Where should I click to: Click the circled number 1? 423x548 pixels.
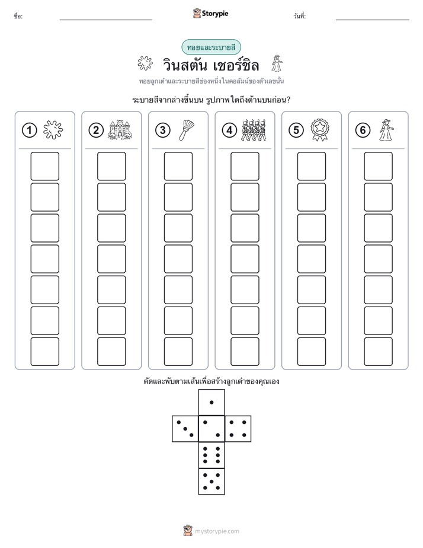[29, 130]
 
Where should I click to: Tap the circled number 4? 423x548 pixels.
[229, 130]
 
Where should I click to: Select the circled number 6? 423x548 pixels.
[363, 130]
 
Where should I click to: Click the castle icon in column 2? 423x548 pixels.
[120, 130]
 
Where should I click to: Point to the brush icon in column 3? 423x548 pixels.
[187, 130]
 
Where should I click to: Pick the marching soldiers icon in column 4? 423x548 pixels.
[254, 130]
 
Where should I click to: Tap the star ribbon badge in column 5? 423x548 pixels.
[320, 130]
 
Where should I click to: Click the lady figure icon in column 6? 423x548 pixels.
[386, 130]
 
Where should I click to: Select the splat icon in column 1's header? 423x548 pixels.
[53, 130]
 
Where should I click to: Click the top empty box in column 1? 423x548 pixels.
[44, 166]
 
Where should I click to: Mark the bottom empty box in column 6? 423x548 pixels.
[379, 352]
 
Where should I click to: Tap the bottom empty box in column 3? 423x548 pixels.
[178, 352]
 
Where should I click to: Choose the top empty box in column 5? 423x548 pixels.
[312, 166]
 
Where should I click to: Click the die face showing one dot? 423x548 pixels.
[211, 402]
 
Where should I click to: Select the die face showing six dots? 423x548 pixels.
[211, 455]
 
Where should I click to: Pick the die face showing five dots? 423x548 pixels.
[211, 482]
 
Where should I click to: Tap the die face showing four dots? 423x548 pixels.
[238, 429]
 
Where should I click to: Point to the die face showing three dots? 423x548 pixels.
[185, 429]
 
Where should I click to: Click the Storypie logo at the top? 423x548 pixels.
[211, 14]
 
